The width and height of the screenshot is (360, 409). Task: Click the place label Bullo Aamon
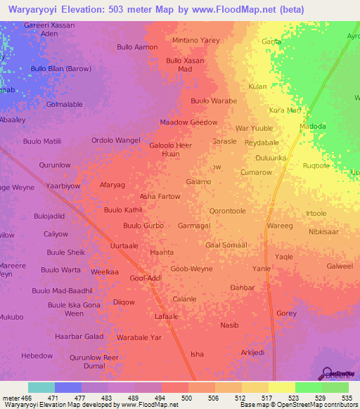click(x=137, y=47)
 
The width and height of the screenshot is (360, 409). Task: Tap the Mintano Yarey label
click(x=196, y=40)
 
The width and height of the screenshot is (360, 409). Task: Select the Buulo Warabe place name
click(x=214, y=100)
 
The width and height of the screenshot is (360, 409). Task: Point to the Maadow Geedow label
click(x=188, y=122)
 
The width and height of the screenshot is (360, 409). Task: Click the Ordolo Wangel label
click(x=115, y=141)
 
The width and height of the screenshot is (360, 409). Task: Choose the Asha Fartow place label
click(x=160, y=196)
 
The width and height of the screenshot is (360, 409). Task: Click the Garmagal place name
click(x=193, y=226)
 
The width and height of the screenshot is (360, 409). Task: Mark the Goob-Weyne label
click(x=191, y=268)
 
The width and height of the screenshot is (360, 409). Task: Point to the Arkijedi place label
click(x=252, y=352)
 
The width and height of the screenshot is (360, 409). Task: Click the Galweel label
click(x=340, y=266)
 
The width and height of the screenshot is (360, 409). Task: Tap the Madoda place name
click(x=313, y=126)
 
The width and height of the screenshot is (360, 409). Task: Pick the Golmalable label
click(x=64, y=104)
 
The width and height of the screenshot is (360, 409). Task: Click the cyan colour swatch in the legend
click(x=41, y=387)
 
